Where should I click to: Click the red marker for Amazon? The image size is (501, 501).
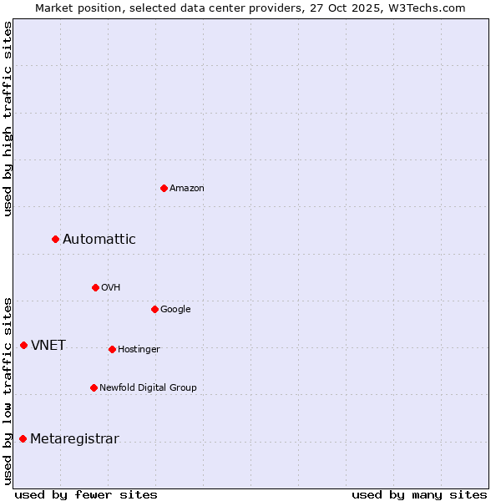coord(164,188)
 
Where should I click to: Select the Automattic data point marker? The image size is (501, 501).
coord(56,240)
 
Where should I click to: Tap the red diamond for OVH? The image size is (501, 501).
coord(95,287)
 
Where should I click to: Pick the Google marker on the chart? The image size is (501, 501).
coord(154,309)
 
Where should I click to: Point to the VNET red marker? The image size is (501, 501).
coord(23,345)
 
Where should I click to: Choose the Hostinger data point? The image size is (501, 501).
coord(112,349)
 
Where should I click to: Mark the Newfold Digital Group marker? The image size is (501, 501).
coord(94,387)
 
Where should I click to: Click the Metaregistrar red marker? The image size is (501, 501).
coord(23,439)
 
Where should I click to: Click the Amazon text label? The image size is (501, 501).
coord(187,189)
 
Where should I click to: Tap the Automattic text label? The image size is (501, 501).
coord(99,240)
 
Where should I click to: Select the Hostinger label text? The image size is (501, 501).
coord(139,349)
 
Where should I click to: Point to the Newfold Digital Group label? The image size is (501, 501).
coord(148,387)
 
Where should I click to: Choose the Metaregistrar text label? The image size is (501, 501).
coord(74,439)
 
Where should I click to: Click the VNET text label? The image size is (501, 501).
coord(48,346)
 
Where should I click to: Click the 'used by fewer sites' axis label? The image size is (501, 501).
coord(86,494)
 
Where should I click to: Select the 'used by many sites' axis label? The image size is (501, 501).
coord(419,494)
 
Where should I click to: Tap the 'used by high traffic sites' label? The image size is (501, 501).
coord(8,119)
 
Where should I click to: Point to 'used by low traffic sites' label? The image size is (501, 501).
coord(8,390)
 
